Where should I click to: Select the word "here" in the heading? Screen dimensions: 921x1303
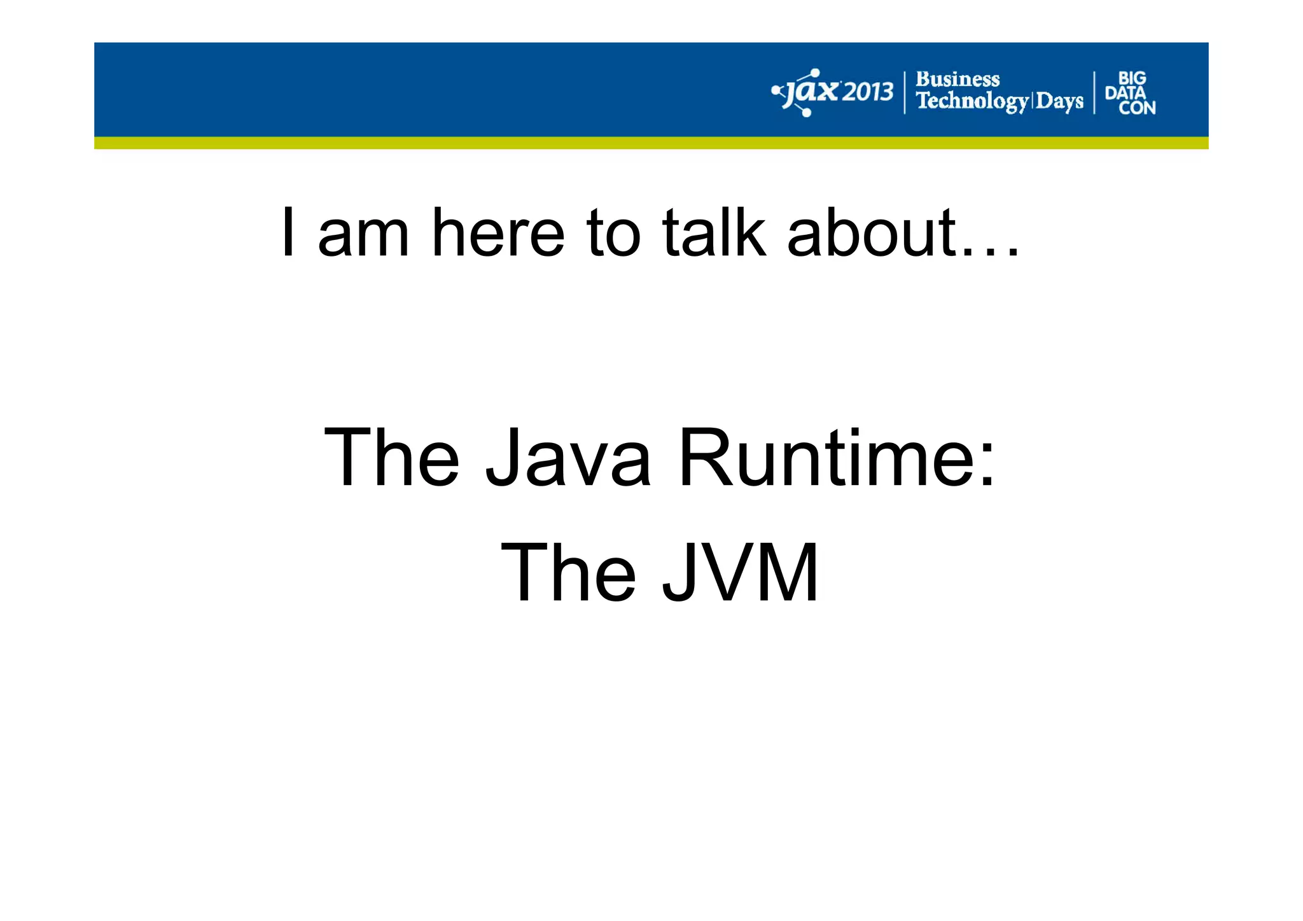click(x=498, y=233)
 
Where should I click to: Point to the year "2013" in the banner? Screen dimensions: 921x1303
click(x=868, y=93)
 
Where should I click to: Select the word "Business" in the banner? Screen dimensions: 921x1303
click(x=958, y=80)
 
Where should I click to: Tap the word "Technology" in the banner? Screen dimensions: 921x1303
click(x=972, y=101)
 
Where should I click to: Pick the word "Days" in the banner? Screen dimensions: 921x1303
click(x=1059, y=101)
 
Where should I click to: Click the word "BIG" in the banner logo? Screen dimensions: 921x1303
click(x=1132, y=78)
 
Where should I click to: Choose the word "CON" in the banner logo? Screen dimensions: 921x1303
click(x=1137, y=108)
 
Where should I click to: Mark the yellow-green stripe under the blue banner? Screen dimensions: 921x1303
click(x=651, y=143)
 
